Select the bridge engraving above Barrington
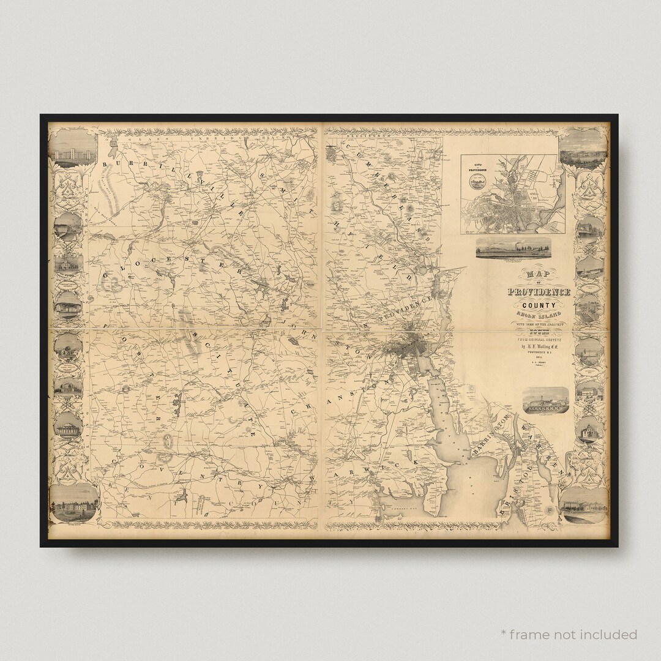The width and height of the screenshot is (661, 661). point(545,400)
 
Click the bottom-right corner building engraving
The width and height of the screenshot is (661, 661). point(583,505)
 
